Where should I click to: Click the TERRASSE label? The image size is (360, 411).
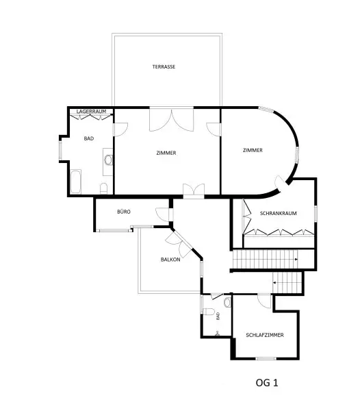pos(164,67)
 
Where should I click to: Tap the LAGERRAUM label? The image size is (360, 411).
pos(91,112)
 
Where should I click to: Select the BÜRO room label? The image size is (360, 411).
pos(124,212)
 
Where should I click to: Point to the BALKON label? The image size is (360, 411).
pos(170,260)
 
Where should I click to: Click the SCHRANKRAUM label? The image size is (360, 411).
pos(278,213)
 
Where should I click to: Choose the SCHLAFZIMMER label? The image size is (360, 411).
pos(265,335)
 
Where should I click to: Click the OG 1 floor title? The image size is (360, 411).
pos(267,383)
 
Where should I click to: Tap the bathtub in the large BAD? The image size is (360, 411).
pos(76,182)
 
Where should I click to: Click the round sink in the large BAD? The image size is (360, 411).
pos(108,160)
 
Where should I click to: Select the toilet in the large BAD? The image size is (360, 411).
pos(103,188)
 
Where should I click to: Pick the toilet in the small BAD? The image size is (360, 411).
pos(209,312)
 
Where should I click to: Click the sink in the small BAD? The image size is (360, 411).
pos(227,303)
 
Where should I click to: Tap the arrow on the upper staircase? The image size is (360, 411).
pos(296,259)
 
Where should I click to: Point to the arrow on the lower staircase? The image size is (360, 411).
pos(274,282)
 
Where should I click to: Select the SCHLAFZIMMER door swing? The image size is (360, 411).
pos(264,301)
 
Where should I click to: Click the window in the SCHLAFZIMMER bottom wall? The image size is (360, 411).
pos(266,358)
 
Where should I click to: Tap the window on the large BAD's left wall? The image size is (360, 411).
pos(60,150)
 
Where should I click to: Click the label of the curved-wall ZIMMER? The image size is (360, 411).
pos(253,150)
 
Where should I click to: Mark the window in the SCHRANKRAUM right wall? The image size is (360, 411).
pos(316,213)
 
